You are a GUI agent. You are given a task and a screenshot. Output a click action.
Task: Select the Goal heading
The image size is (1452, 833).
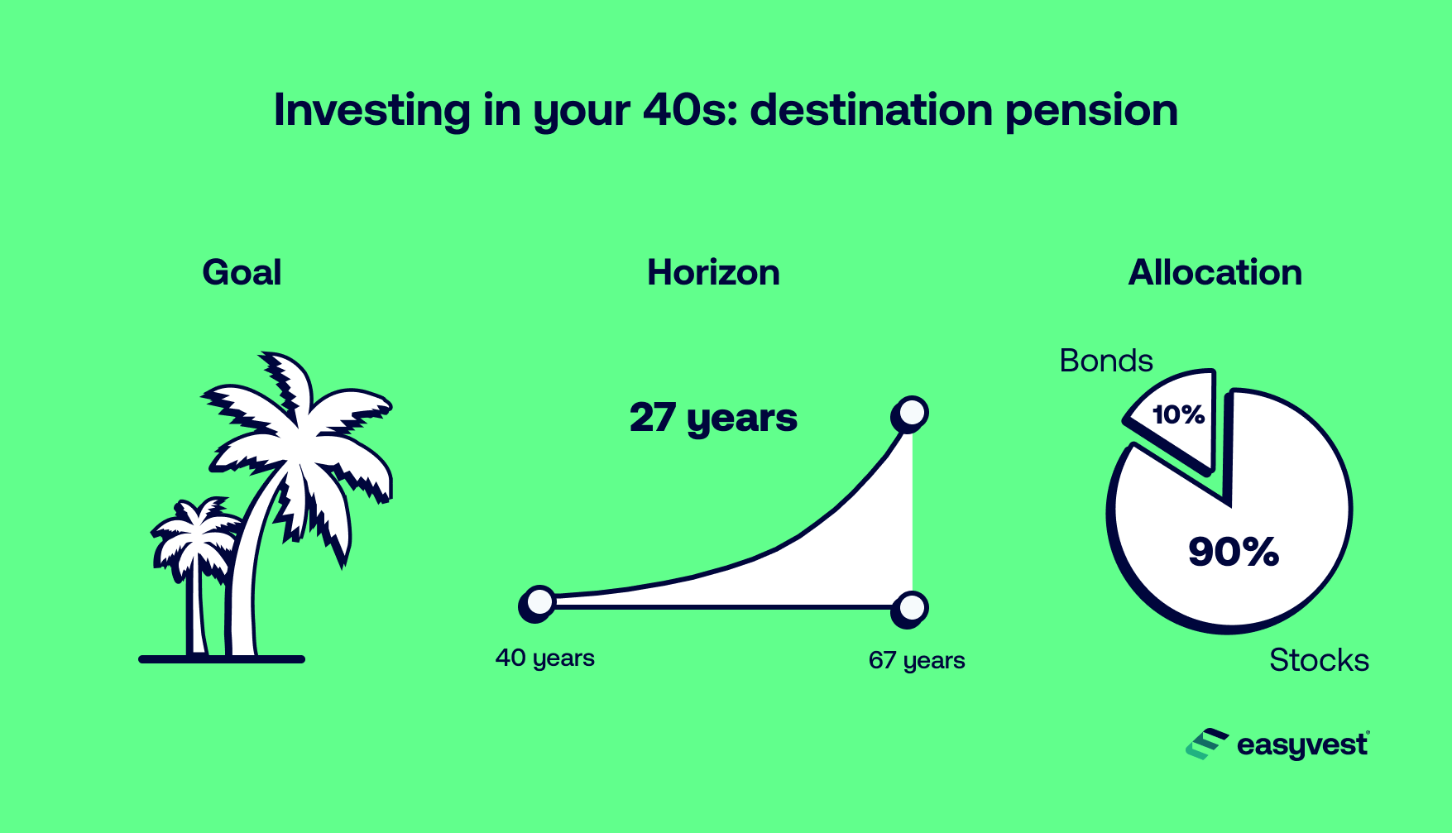[x=242, y=273]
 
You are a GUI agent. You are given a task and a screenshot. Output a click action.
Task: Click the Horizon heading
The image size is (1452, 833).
[x=713, y=273]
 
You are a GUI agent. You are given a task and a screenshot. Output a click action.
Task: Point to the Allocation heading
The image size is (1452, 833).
[x=1215, y=273]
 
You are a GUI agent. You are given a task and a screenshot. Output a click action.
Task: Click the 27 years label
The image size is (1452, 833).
[x=713, y=418]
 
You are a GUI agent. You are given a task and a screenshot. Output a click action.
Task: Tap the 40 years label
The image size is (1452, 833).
[x=544, y=658]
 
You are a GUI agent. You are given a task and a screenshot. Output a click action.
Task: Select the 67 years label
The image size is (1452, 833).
[x=917, y=660]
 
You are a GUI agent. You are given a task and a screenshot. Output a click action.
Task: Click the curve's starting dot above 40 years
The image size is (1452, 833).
[x=538, y=603]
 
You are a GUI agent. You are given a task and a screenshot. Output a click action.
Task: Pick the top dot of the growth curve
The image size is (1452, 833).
[x=910, y=413]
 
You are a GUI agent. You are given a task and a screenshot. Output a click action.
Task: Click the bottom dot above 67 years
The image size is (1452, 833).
[x=910, y=609]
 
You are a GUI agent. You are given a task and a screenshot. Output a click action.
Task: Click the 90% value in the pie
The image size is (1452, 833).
[x=1233, y=552]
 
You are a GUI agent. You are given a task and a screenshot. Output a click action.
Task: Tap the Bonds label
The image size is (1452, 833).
[x=1105, y=361]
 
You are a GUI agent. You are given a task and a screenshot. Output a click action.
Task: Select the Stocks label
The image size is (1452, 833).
[x=1319, y=660]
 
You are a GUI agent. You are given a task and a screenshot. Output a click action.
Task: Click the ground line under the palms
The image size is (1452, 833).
[x=222, y=659]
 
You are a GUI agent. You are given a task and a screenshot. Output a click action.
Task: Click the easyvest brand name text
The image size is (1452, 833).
[x=1302, y=745]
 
